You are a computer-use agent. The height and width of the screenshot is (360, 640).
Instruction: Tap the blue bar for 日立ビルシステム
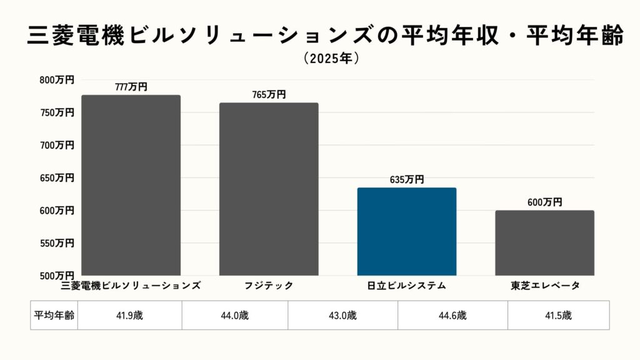(x=407, y=231)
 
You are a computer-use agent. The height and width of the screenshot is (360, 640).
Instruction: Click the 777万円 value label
(x=131, y=87)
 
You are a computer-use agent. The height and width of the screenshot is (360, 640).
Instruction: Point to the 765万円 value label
(x=269, y=95)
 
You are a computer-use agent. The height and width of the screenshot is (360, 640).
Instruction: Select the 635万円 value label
(x=407, y=180)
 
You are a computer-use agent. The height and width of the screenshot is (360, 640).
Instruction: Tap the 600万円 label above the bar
(x=544, y=202)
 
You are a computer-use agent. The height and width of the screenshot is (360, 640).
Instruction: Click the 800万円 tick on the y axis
(x=57, y=80)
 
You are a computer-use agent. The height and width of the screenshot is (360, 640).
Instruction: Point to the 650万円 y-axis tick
(x=57, y=178)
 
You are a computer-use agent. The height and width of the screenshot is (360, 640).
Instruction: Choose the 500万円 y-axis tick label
(x=57, y=276)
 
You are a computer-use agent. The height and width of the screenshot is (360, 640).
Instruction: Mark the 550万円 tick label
(x=57, y=243)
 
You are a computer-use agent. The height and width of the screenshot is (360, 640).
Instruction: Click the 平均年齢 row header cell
(x=54, y=316)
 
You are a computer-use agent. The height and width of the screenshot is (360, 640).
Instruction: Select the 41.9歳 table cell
(x=129, y=316)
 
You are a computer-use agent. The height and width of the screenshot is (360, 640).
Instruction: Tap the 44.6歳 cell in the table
(x=452, y=316)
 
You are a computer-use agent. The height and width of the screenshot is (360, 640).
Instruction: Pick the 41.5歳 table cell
(x=558, y=316)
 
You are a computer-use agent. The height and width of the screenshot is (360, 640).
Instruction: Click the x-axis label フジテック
(x=269, y=286)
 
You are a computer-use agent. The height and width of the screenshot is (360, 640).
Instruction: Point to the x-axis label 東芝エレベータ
(x=544, y=286)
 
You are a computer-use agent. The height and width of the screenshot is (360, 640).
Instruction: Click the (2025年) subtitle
(x=331, y=59)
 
